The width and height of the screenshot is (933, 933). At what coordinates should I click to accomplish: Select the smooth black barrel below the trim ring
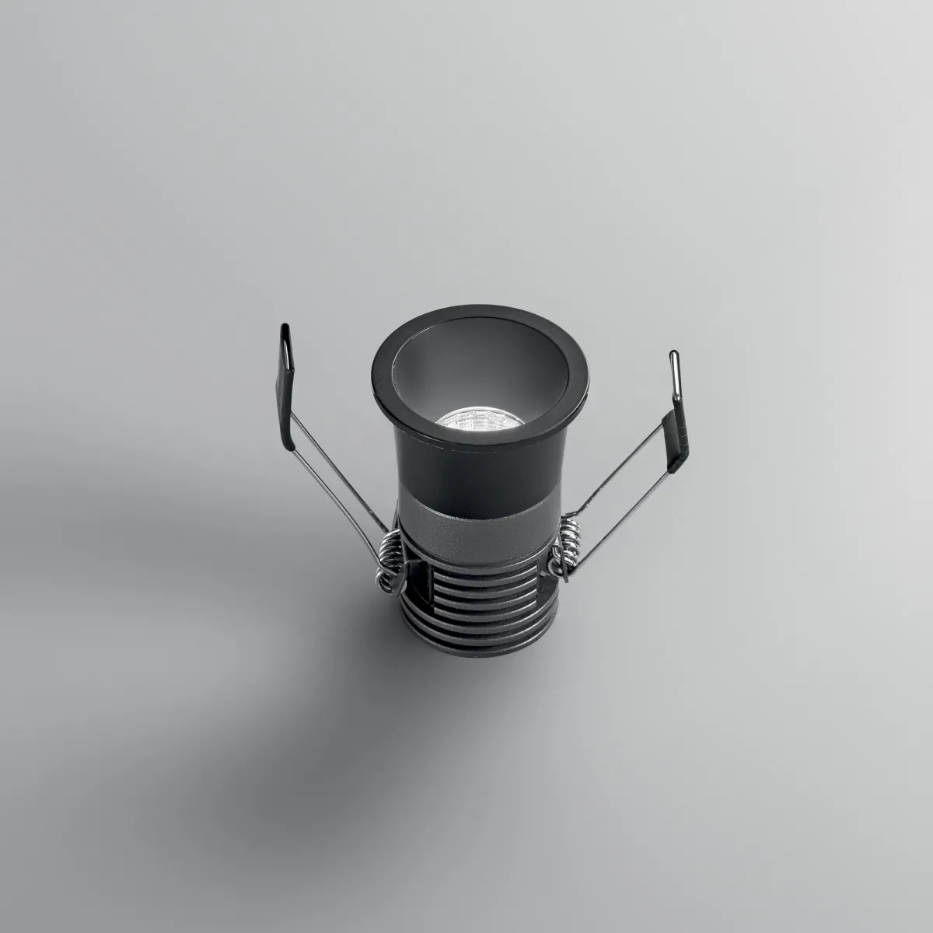click(x=466, y=474)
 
